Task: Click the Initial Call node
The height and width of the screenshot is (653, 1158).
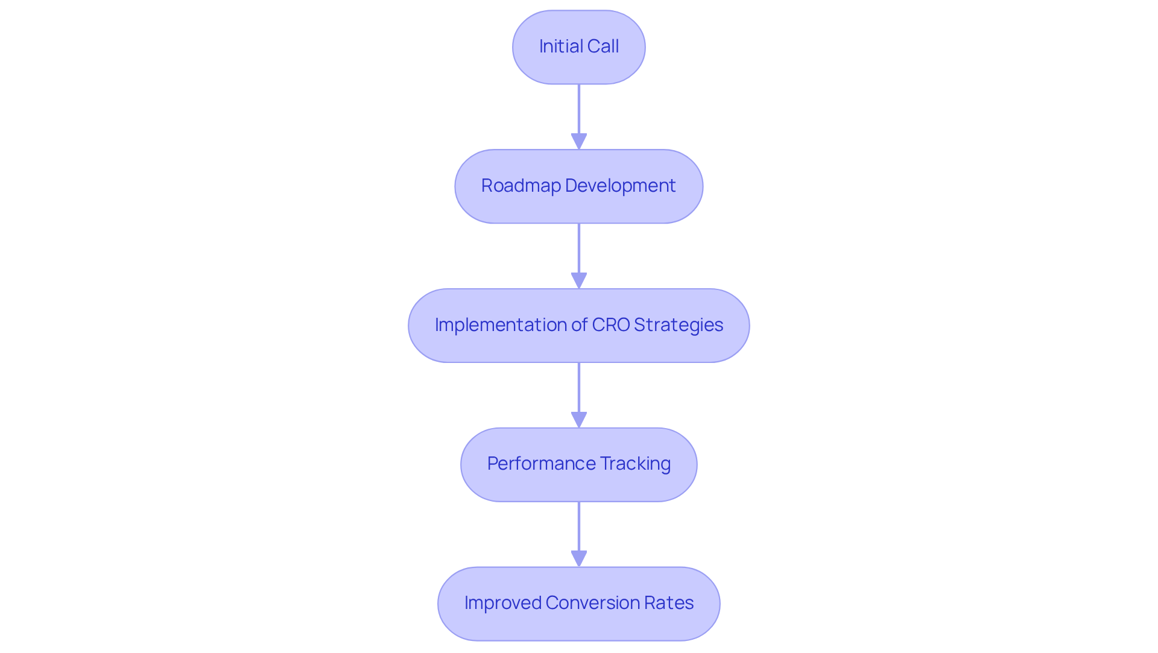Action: point(578,47)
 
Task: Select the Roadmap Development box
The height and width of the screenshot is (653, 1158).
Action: point(578,186)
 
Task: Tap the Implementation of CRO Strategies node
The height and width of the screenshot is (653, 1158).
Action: point(578,326)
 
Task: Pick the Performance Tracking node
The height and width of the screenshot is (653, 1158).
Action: point(578,465)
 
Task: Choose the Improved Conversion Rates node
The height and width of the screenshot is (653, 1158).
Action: point(578,604)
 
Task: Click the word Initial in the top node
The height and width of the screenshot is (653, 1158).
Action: point(558,46)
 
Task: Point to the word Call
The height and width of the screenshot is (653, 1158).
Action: point(603,46)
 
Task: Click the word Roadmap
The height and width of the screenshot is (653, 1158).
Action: point(520,186)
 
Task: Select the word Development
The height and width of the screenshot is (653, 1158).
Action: point(620,186)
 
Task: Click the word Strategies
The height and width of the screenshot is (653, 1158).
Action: point(679,325)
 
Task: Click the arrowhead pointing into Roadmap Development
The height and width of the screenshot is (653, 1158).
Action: point(578,141)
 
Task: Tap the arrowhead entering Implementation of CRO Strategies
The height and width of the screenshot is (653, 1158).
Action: point(578,280)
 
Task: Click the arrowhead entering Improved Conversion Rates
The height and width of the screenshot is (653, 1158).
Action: point(578,558)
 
